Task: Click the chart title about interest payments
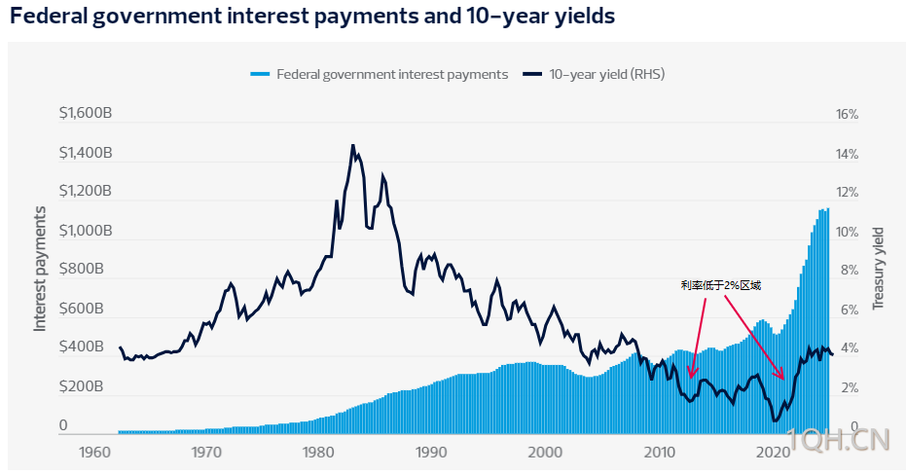tap(312, 18)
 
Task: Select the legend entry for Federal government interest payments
tap(381, 74)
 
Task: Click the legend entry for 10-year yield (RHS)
tap(595, 74)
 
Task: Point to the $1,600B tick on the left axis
tap(86, 114)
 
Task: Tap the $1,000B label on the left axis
tap(86, 232)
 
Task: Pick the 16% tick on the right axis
tap(848, 115)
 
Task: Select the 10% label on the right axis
tap(848, 232)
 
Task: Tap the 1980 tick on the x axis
tap(319, 453)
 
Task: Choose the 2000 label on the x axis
tap(546, 453)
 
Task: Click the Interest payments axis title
tap(41, 268)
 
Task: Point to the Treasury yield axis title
tap(879, 268)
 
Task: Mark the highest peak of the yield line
tap(352, 145)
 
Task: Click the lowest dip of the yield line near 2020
tap(775, 420)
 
